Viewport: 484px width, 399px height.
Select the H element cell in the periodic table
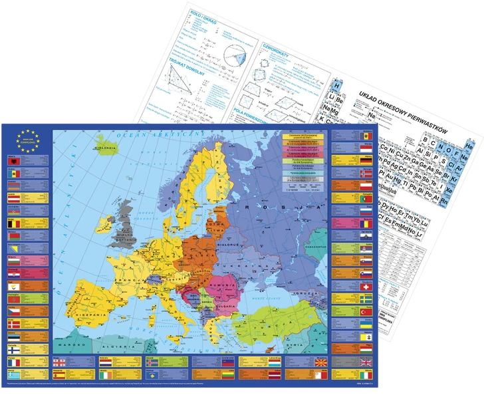(x=338, y=87)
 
